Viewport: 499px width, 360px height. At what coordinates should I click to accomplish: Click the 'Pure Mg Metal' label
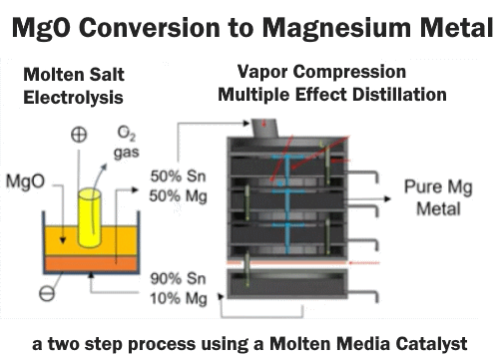pyautogui.click(x=432, y=198)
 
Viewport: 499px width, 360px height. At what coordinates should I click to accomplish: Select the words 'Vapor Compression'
pyautogui.click(x=307, y=73)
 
